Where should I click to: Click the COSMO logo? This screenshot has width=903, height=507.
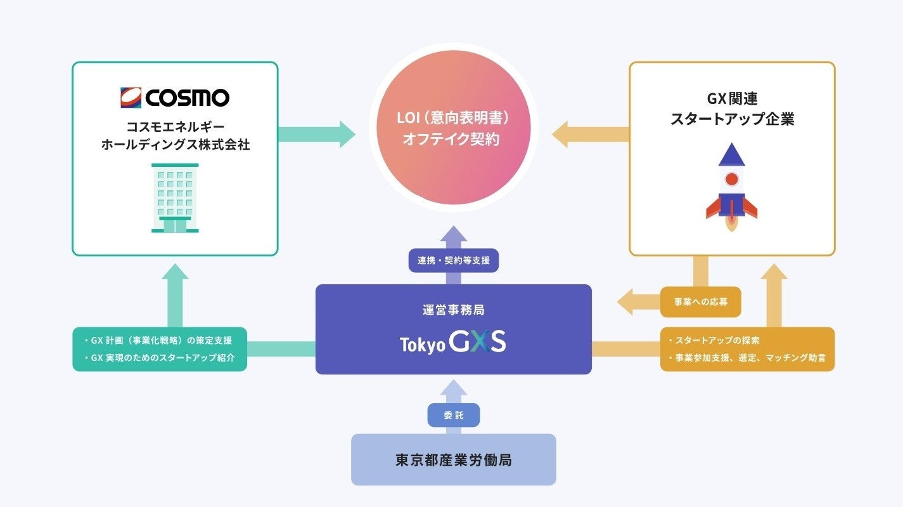[175, 97]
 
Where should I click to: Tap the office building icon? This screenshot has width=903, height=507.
[175, 197]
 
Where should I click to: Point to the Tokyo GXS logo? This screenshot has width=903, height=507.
[453, 343]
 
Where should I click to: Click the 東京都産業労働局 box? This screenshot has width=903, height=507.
[453, 460]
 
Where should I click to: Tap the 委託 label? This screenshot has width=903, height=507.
[453, 415]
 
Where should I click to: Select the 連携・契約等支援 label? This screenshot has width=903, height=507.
[453, 260]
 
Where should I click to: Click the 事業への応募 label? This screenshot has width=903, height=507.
[700, 302]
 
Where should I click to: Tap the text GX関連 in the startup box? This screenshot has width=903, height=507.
[732, 99]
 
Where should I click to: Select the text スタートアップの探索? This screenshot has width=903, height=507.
[719, 341]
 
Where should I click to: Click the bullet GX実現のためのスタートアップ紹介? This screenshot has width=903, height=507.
[160, 358]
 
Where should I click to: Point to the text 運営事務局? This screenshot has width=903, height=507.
[453, 310]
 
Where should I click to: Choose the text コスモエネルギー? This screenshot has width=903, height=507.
[175, 128]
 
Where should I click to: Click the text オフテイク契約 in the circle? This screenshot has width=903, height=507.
[453, 139]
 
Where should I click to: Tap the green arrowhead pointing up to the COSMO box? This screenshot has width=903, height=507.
[175, 272]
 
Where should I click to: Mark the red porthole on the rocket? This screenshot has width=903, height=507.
[731, 179]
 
